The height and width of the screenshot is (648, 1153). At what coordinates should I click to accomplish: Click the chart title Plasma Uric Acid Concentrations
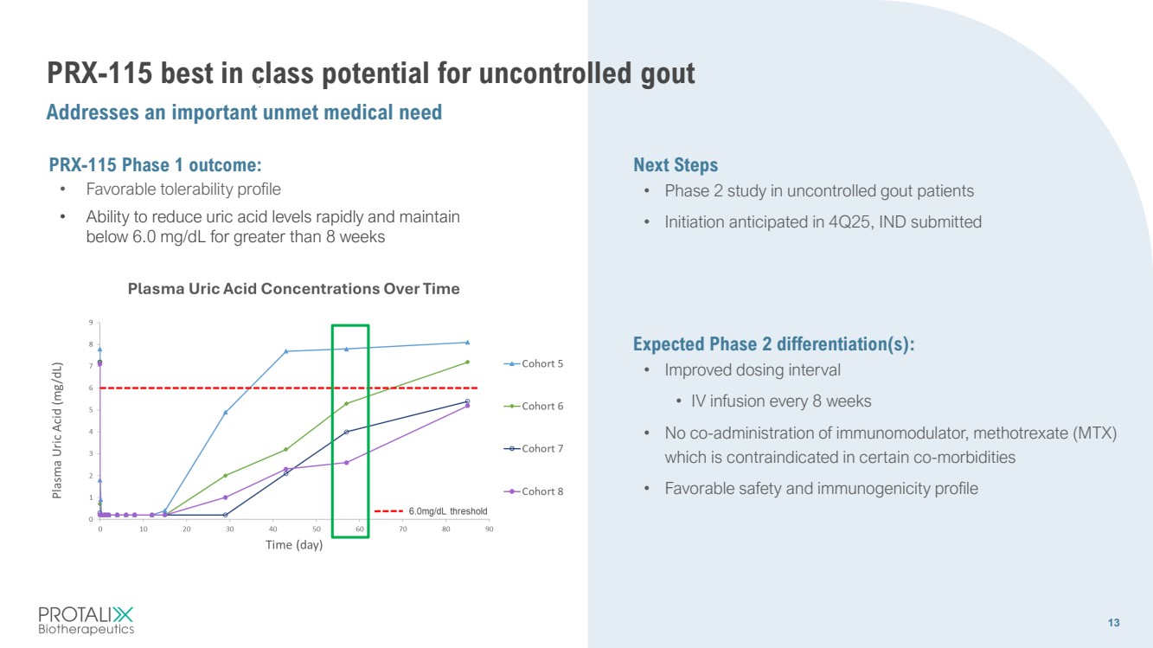293,289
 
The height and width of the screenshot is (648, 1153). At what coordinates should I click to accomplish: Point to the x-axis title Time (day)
294,545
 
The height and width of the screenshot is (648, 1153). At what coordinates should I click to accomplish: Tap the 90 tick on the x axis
489,529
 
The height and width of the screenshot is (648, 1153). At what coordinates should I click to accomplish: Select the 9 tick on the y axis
92,323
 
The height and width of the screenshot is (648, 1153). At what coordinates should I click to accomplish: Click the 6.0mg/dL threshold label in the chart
447,511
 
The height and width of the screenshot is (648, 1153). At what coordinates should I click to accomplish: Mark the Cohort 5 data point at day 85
467,343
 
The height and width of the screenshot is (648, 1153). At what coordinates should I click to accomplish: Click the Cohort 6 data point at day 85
467,362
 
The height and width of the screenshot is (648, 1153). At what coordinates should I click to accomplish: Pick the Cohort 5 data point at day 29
226,413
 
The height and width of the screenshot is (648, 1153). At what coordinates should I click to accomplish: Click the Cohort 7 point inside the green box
347,432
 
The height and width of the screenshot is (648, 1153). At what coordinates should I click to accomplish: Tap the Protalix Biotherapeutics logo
86,620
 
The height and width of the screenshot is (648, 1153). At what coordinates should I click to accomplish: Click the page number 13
1113,624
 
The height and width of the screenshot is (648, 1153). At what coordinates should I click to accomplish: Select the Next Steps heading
676,165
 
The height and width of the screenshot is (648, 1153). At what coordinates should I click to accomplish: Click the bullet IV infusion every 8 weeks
781,401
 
